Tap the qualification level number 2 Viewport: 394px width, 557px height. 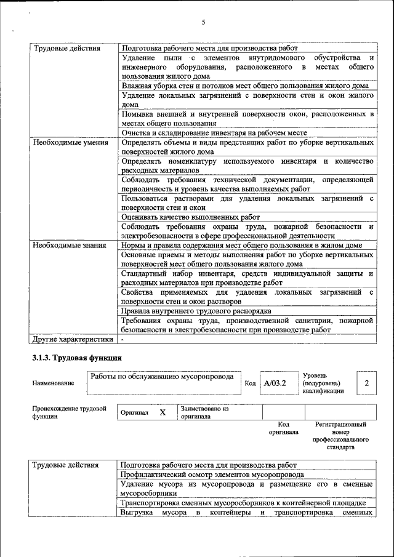point(366,383)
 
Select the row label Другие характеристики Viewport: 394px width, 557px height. point(73,339)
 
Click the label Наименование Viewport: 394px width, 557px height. point(53,383)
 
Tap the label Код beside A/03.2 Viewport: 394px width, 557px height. point(249,383)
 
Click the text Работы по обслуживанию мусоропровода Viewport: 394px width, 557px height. point(162,376)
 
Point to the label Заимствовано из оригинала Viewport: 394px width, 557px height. point(204,412)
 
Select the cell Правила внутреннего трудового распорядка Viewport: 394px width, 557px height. point(196,311)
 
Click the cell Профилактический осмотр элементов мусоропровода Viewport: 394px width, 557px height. point(212,475)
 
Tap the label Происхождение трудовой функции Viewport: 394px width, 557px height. point(69,412)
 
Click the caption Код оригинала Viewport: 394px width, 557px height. point(283,428)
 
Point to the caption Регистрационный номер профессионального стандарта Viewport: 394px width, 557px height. point(340,436)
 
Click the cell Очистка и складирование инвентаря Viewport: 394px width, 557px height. point(214,133)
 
